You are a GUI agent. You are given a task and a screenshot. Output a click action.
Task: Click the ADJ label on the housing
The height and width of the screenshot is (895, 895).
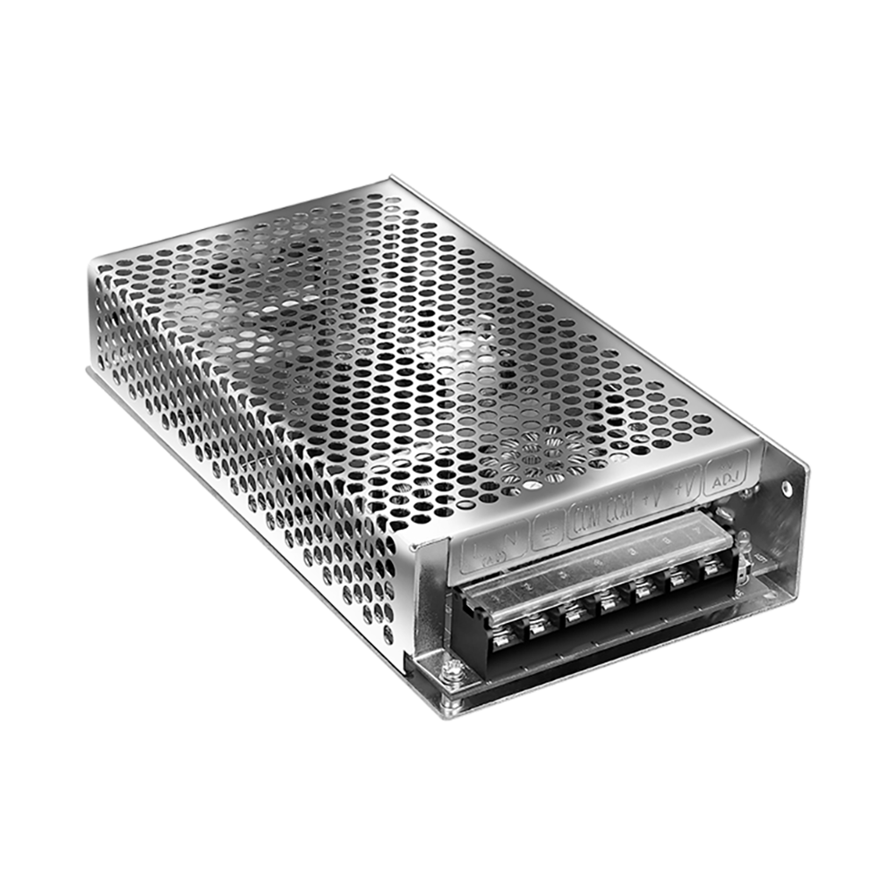[x=721, y=481]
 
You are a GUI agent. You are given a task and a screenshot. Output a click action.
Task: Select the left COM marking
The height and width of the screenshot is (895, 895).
[x=587, y=518]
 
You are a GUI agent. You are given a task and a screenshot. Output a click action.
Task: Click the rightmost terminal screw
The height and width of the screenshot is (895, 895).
[x=711, y=567]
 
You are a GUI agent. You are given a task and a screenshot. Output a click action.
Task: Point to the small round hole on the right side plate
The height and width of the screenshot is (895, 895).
[x=787, y=488]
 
